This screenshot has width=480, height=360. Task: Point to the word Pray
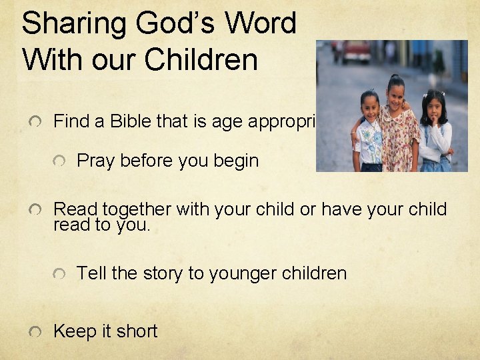coord(95,161)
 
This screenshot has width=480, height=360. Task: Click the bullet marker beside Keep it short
coord(36,331)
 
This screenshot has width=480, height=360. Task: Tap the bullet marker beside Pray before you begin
coord(60,162)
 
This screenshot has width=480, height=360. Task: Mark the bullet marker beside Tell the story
coord(60,274)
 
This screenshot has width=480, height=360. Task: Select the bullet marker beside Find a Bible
coord(36,122)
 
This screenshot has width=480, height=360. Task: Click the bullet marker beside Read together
coord(36,210)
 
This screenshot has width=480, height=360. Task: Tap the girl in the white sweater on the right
coord(435,133)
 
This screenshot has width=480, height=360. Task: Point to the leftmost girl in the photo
coord(369,133)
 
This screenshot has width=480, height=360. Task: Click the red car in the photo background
coord(355,52)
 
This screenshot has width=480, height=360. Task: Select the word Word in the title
coord(261,23)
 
